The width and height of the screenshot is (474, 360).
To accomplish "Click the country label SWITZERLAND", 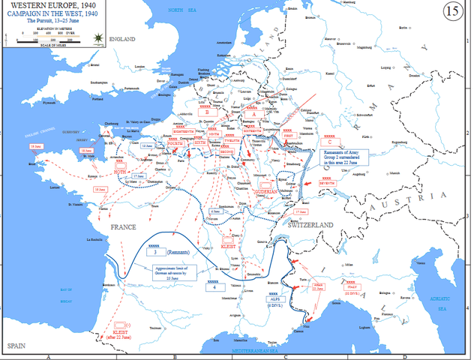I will tap(309, 224).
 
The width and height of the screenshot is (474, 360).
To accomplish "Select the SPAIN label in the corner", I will tap(17, 346).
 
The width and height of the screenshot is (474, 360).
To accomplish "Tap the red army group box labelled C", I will tap(331, 141).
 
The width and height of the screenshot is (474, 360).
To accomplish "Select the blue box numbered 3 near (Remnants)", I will tap(154, 254).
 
